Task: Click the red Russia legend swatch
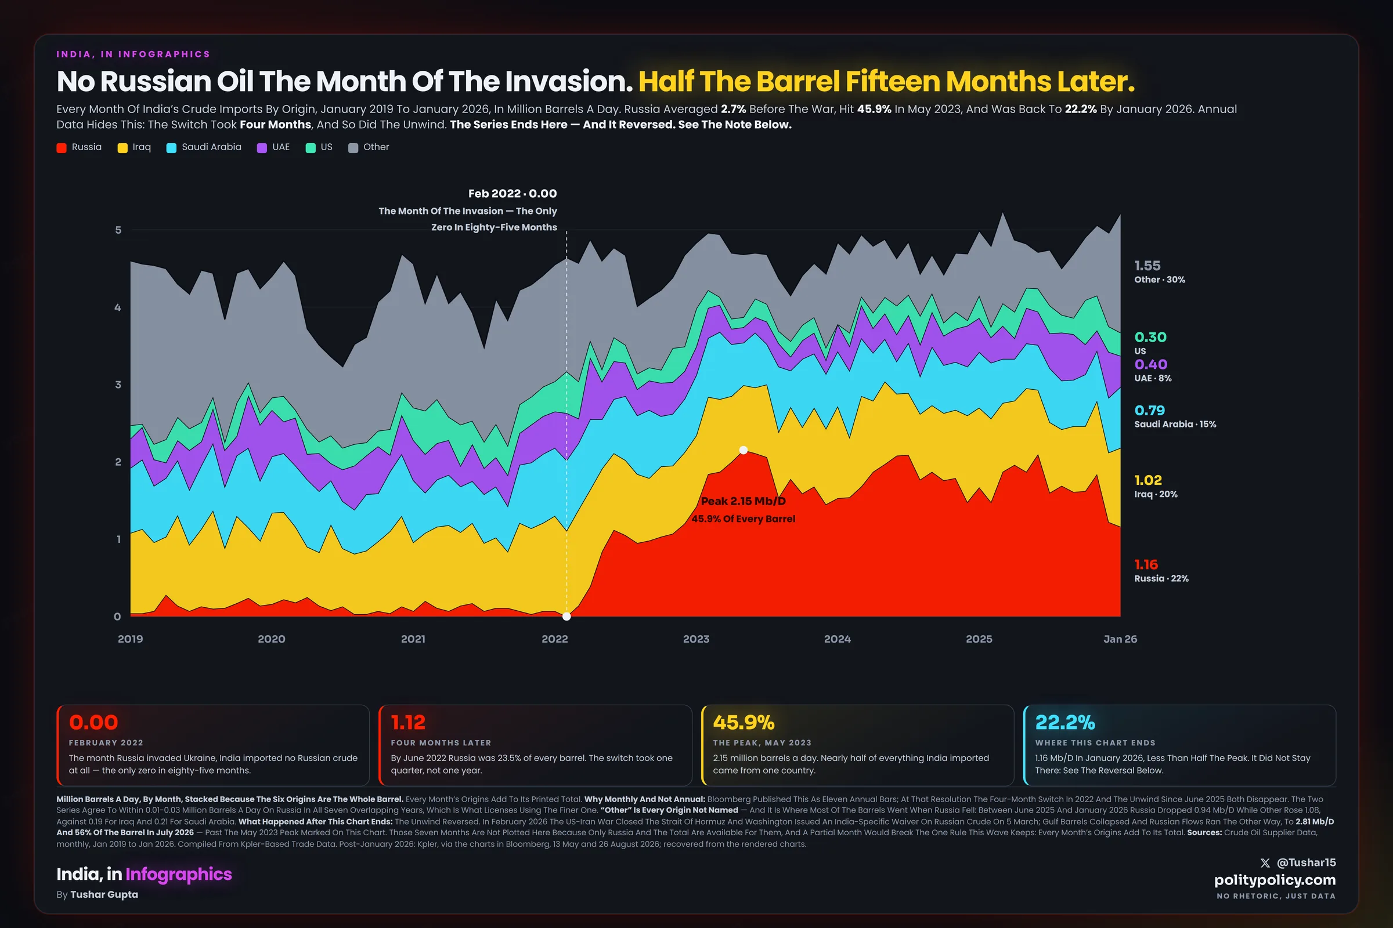(62, 148)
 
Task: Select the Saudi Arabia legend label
(211, 147)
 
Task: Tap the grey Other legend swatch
(353, 148)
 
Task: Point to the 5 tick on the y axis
(118, 230)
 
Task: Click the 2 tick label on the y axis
(118, 462)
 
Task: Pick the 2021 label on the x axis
(413, 639)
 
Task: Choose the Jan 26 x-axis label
(1120, 639)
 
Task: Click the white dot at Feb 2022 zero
(566, 616)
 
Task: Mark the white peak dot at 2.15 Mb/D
(744, 450)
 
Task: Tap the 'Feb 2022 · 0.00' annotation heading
(513, 194)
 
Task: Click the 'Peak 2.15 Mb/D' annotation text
(744, 501)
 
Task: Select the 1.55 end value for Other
(1147, 266)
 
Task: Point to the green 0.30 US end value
(1150, 338)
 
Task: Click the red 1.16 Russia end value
(1146, 564)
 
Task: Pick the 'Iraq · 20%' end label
(1156, 494)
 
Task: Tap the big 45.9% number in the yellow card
(744, 722)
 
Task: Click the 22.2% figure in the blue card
(1065, 722)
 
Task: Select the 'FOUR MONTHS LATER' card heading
(441, 743)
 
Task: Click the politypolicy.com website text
(1275, 880)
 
